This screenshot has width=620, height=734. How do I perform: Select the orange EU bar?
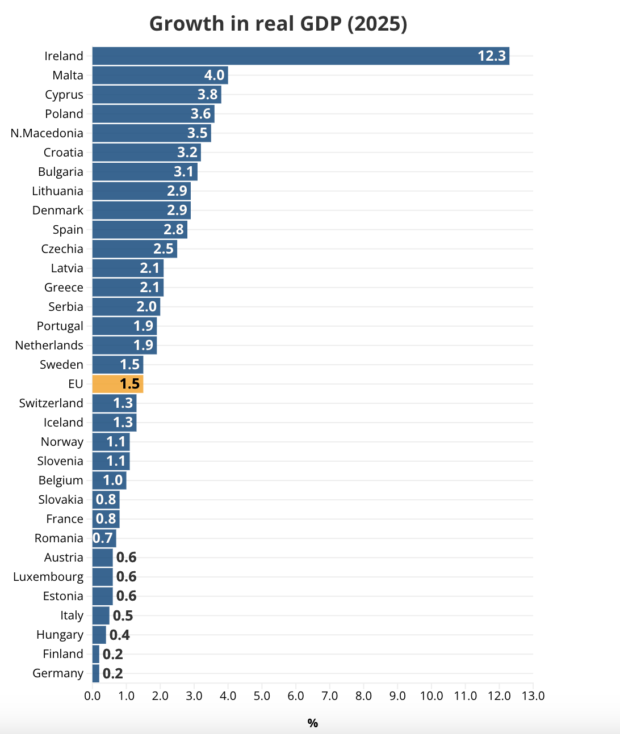[118, 384]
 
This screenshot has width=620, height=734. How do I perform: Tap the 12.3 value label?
[491, 56]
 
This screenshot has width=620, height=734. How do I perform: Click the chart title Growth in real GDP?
[278, 24]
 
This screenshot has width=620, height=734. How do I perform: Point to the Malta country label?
[68, 75]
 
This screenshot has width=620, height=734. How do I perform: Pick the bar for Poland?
[153, 114]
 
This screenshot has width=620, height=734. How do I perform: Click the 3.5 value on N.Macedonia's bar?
[198, 133]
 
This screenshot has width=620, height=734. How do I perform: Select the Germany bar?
[96, 673]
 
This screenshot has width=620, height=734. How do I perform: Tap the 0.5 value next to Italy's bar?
[123, 615]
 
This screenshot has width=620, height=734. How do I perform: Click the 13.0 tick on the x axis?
[533, 696]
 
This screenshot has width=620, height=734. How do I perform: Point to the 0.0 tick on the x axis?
[93, 696]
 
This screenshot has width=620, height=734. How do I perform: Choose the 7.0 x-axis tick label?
[330, 696]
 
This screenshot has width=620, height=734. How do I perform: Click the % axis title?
[312, 723]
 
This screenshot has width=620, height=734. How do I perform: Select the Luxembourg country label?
[48, 577]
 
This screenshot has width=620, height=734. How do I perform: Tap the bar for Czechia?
[135, 249]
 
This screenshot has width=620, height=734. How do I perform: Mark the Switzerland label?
[51, 403]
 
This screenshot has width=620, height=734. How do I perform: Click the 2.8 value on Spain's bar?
[174, 230]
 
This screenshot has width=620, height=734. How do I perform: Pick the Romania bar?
[104, 538]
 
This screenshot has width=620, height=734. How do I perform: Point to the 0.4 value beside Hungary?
[120, 635]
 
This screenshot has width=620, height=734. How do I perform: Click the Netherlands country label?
[49, 345]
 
